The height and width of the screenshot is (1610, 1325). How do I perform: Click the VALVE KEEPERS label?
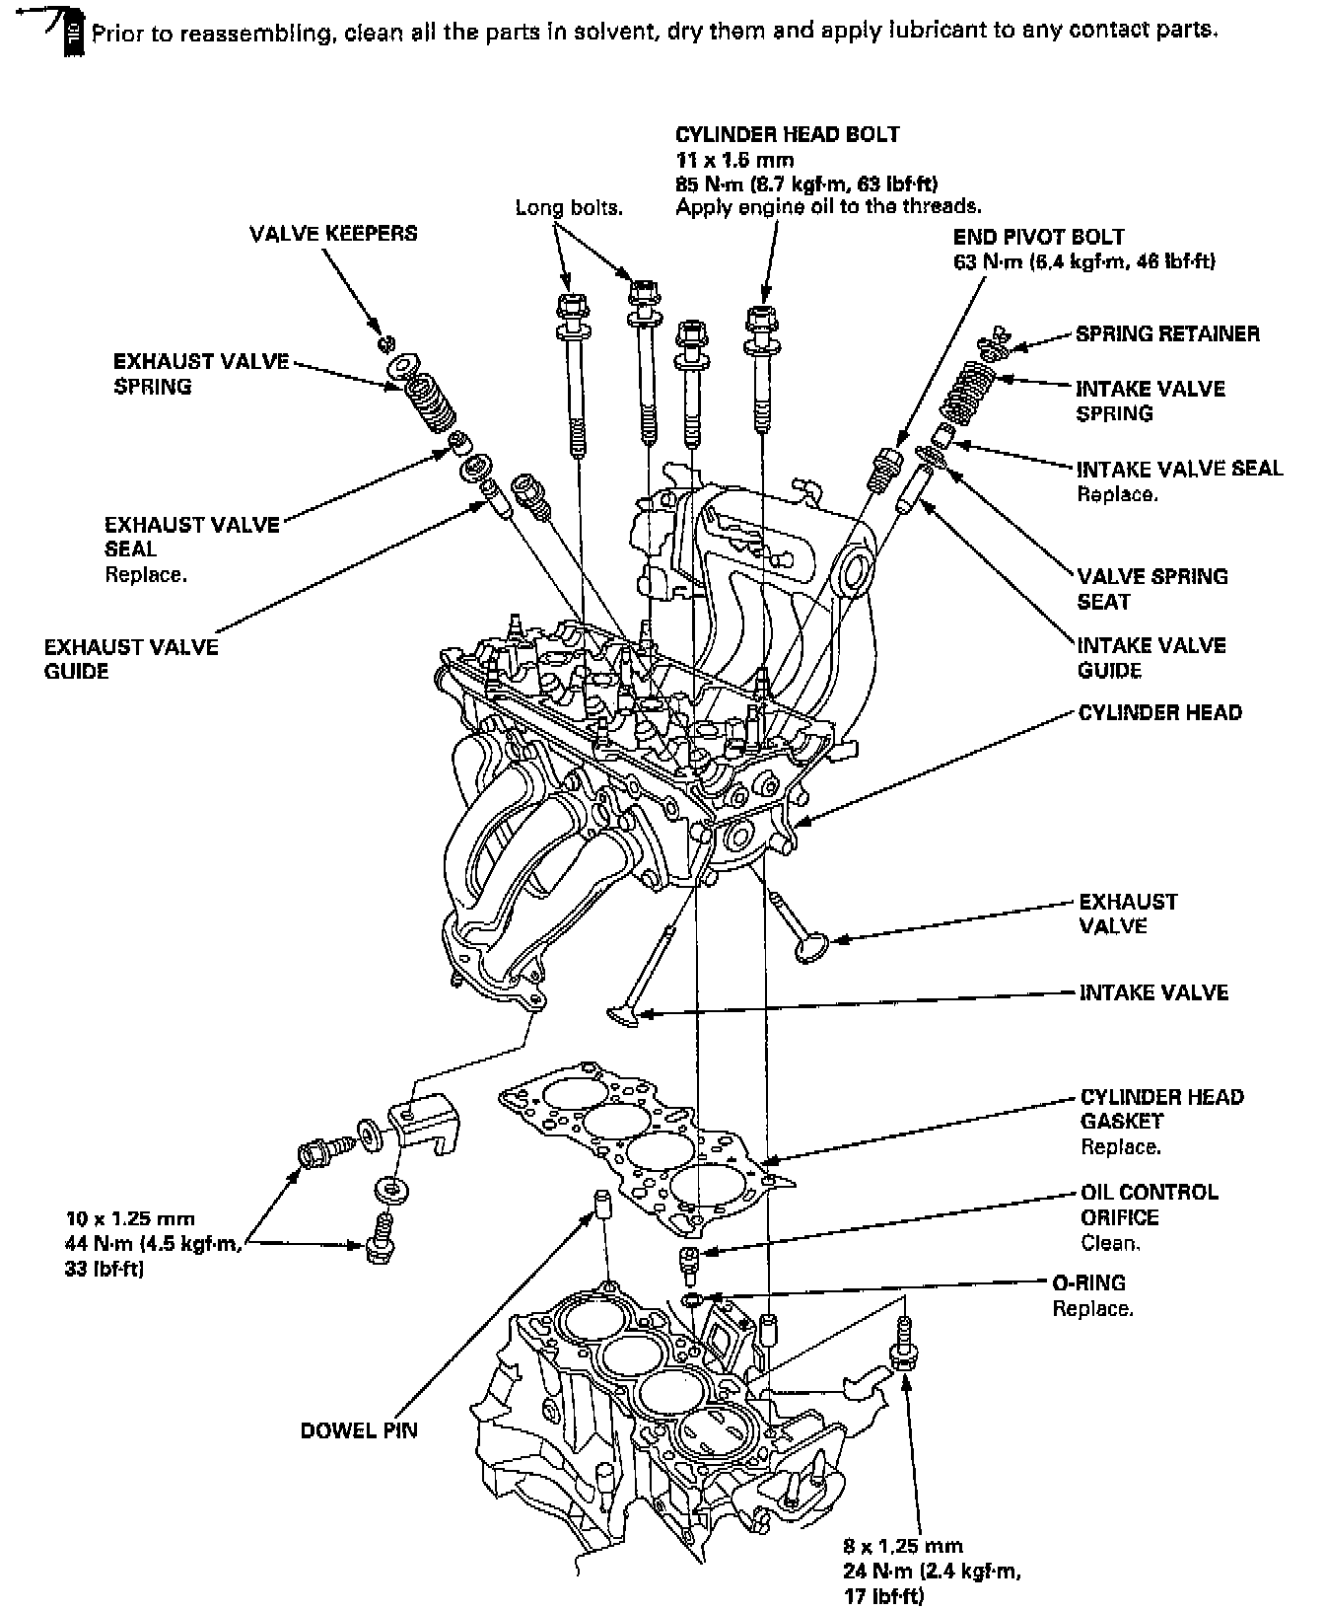333,234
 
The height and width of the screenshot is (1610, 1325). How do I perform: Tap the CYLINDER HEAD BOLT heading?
787,134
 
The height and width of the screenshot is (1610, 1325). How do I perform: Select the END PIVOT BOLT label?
1038,237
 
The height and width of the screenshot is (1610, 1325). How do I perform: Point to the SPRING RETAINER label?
1167,333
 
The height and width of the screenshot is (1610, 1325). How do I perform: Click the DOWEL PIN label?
359,1429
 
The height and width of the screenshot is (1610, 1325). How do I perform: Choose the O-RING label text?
1088,1282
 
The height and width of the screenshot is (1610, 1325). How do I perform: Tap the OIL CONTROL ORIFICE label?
1149,1205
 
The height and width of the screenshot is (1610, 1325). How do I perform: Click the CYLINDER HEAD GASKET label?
1161,1109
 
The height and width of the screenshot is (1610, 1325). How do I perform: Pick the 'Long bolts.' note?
569,208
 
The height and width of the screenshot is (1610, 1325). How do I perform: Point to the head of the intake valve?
622,1014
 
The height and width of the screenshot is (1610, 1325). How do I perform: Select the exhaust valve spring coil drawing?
429,400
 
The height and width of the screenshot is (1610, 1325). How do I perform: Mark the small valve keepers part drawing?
386,343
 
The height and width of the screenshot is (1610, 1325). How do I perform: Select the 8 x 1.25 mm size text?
902,1546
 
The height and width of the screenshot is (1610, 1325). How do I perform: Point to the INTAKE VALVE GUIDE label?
1151,658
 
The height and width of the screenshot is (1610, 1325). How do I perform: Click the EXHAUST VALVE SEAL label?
191,537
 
